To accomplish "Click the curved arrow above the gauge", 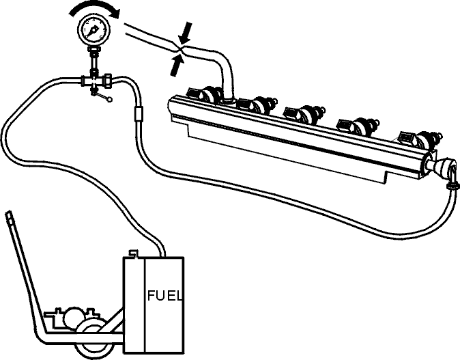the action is point(94,8).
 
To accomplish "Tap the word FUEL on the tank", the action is point(164,296).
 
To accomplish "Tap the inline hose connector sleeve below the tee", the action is point(138,113).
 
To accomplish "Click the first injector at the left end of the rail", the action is point(205,94).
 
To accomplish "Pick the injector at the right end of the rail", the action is point(420,139).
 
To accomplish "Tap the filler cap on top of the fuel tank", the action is point(134,253).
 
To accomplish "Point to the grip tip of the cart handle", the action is point(10,215).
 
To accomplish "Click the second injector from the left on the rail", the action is point(255,105).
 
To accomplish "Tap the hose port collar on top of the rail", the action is point(228,102).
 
